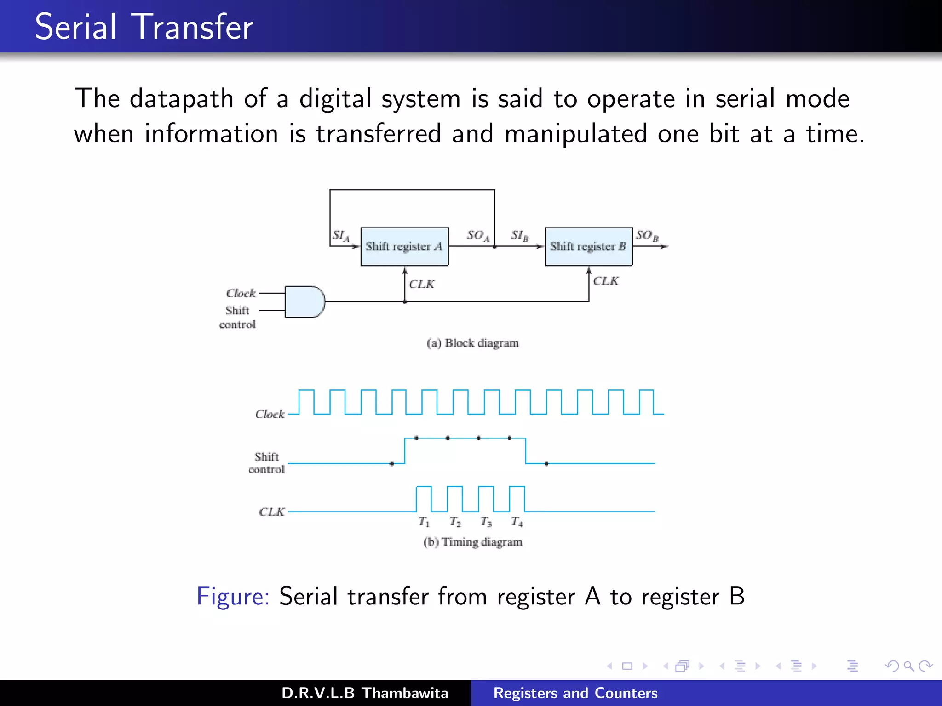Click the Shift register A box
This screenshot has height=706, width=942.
coord(404,246)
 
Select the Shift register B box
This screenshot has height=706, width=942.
coord(588,246)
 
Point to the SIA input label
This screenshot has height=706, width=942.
coord(341,236)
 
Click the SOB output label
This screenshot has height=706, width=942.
coord(647,236)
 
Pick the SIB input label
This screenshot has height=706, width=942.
coord(520,236)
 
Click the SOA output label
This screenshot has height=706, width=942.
coord(478,236)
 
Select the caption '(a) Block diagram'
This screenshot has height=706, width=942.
coord(472,343)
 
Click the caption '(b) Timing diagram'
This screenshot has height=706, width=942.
coord(472,542)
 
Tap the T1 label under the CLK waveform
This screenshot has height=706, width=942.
coord(424,522)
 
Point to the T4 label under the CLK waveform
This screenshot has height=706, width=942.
coord(517,522)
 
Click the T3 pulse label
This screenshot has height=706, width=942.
coord(486,522)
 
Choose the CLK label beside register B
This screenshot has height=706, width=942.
coord(605,281)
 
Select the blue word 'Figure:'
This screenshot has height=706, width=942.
coord(233,596)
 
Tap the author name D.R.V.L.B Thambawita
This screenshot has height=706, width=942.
coord(365,693)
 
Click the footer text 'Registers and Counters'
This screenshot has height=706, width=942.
coord(575,693)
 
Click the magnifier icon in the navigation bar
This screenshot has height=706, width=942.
coord(908,666)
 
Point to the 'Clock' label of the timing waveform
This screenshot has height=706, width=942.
coord(270,414)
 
